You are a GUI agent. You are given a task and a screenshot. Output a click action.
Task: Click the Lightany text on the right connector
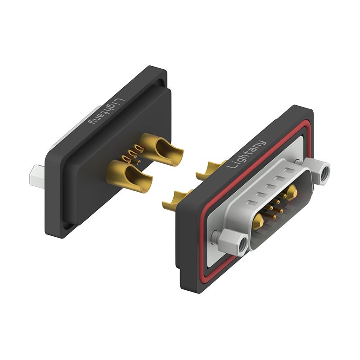click(x=247, y=154)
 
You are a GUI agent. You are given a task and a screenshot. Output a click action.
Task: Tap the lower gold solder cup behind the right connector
click(x=179, y=197)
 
